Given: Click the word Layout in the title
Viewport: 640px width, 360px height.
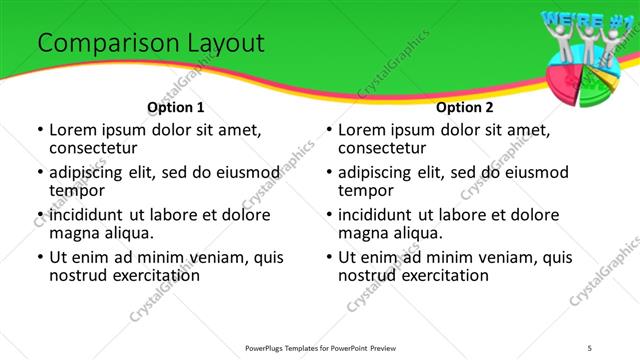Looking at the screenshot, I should coord(222,44).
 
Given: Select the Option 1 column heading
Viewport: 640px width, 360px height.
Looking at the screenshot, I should coord(175,107).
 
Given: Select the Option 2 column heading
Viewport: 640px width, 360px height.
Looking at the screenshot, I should coord(464,107).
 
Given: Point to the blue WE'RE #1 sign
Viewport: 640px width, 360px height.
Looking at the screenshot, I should coord(585,18).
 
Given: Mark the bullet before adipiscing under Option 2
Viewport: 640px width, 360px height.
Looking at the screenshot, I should coord(328,172).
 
